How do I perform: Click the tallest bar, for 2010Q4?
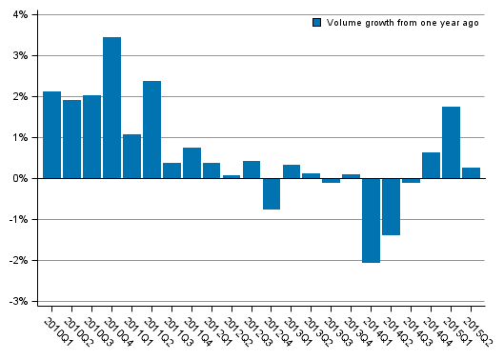click(x=111, y=108)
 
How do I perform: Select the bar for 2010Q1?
click(x=51, y=134)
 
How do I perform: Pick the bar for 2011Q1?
click(x=131, y=156)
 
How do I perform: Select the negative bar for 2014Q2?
click(x=392, y=206)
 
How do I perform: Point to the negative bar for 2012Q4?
click(x=272, y=193)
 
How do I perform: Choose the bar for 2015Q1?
click(x=452, y=142)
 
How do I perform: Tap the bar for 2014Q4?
click(x=432, y=165)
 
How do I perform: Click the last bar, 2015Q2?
click(x=472, y=172)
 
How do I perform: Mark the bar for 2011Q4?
click(x=192, y=163)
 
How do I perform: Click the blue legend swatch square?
click(x=317, y=23)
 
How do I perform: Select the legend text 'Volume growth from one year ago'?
click(x=402, y=23)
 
